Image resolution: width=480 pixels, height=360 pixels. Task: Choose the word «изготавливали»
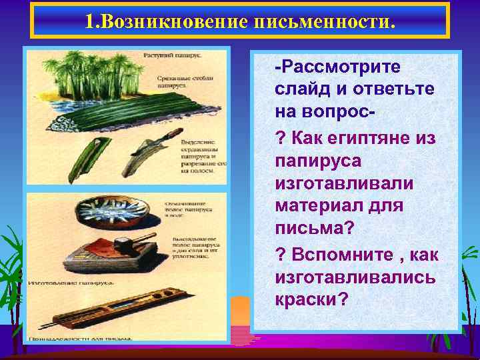(344, 183)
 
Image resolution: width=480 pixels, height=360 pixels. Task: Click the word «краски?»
(311, 298)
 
